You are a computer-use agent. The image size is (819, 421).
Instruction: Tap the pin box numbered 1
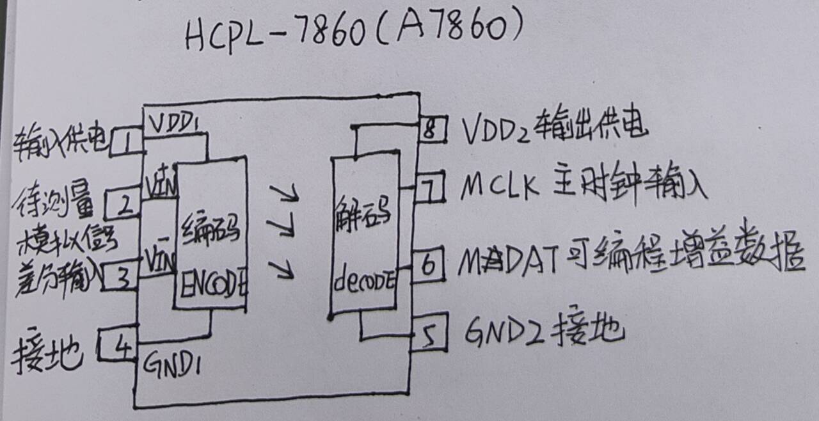point(127,141)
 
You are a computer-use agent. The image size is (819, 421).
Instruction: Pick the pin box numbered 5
point(429,336)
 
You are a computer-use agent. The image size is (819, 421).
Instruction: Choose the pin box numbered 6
point(430,264)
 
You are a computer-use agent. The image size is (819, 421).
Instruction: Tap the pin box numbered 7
point(431,189)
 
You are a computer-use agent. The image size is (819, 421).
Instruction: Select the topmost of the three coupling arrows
point(284,192)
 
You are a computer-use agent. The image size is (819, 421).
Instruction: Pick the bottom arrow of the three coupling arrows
point(283,271)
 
